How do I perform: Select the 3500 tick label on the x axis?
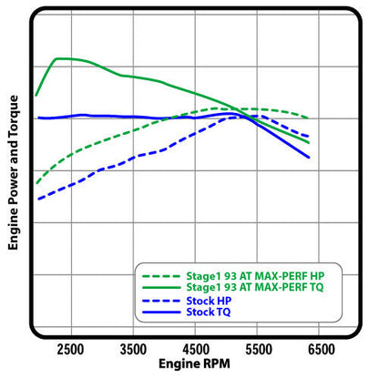pyautogui.click(x=134, y=348)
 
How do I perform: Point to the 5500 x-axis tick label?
pyautogui.click(x=261, y=348)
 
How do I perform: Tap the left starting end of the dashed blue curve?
pyautogui.click(x=36, y=200)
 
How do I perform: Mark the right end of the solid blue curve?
pyautogui.click(x=309, y=157)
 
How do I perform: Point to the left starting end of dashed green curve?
pyautogui.click(x=36, y=183)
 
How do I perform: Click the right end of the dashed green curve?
pyautogui.click(x=309, y=118)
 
